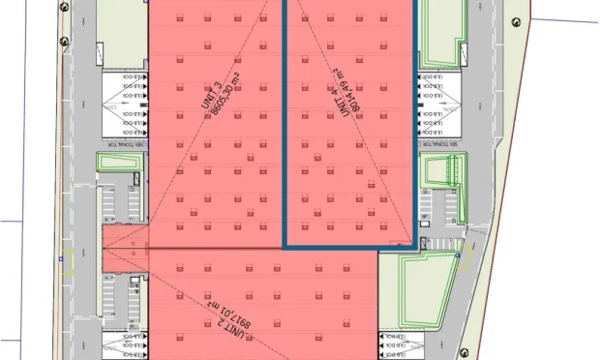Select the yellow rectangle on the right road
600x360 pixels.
465,256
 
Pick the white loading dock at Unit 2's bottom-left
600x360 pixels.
122,345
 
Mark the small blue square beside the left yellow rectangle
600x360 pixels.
60,259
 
